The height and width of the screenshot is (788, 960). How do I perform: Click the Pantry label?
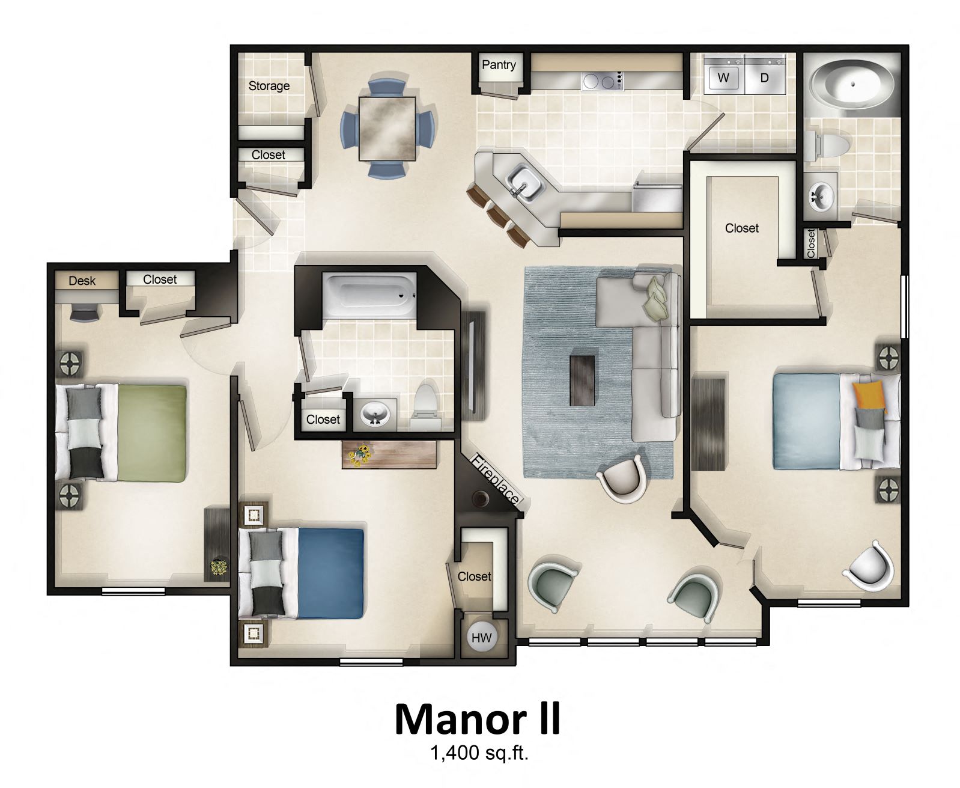coord(499,65)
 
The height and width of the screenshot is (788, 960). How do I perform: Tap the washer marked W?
coord(723,78)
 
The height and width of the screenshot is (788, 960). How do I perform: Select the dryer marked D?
coord(764,78)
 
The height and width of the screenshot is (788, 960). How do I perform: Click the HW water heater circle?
coord(481,638)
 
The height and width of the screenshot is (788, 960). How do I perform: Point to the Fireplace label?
coord(494,480)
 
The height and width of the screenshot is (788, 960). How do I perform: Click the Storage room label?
coord(269,86)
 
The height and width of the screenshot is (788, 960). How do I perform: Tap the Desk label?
coord(82,281)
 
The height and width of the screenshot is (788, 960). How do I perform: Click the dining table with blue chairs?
coord(387,128)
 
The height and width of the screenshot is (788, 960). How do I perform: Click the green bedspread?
coord(151,433)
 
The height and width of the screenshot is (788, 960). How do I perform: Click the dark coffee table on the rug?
coord(582,380)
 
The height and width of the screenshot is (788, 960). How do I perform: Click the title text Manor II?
coord(478,719)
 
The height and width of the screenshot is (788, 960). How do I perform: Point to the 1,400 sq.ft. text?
coord(479,753)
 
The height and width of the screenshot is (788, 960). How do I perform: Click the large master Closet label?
coord(741,228)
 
